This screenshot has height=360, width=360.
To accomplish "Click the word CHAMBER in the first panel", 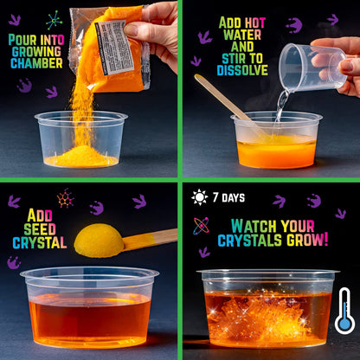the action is pos(36,63).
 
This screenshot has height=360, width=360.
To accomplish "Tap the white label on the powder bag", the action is pos(115,48).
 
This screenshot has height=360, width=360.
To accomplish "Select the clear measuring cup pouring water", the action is pos(312,67).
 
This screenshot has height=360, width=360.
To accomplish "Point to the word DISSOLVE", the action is pos(242,70).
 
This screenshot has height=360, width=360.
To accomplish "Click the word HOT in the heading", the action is pos(254,23).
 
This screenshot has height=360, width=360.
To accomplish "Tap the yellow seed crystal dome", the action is pos(99,241).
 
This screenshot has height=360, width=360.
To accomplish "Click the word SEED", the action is pos(40,229).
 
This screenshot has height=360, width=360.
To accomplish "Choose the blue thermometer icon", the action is pos(344,311).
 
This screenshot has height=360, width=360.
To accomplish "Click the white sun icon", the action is pos(199,197).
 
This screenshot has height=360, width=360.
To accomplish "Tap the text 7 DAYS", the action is pos(228,197).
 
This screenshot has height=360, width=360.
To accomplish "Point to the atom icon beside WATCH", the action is pos(201,226).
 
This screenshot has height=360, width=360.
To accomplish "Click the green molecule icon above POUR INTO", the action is pos(54,20).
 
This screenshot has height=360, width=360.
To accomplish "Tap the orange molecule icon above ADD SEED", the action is pos(65,198).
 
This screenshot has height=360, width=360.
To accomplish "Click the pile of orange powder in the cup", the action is pos(81,157).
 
